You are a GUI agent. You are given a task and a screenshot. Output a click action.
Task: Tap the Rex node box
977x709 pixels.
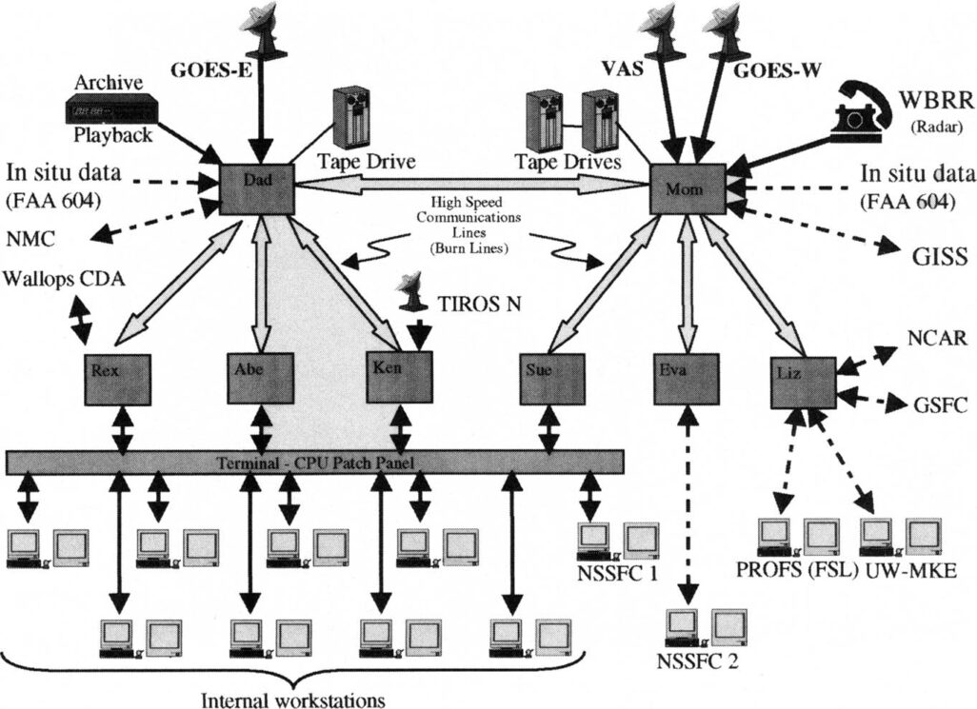pyautogui.click(x=117, y=377)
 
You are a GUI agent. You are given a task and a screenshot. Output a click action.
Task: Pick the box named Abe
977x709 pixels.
pyautogui.click(x=259, y=378)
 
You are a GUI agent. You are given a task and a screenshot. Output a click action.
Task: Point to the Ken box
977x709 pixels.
pyautogui.click(x=400, y=377)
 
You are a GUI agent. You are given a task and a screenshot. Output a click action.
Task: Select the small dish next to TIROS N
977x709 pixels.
pyautogui.click(x=412, y=291)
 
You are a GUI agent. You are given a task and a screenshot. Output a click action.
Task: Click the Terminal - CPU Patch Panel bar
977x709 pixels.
pyautogui.click(x=314, y=462)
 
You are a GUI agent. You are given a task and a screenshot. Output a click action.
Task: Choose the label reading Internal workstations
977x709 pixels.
pyautogui.click(x=293, y=699)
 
